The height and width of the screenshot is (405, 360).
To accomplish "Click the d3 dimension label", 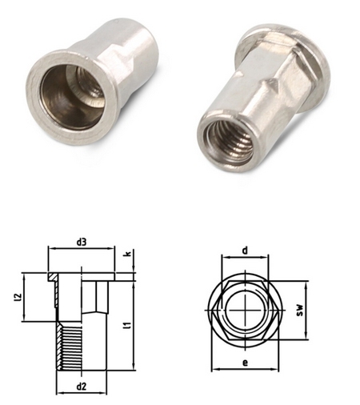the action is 82,243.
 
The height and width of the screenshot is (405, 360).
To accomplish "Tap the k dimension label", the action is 128,254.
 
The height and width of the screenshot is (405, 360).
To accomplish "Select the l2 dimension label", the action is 17,297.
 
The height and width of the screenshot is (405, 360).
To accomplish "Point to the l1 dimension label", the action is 129,325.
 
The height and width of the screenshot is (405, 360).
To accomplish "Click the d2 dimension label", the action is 82,387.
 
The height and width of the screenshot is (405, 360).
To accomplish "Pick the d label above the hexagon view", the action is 245,251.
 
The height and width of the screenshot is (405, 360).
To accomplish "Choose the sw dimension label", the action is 300,311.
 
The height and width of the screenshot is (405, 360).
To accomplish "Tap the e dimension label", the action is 245,363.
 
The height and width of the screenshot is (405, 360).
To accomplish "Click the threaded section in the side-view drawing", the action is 69,346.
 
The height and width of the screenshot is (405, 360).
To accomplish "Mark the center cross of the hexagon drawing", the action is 245,310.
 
